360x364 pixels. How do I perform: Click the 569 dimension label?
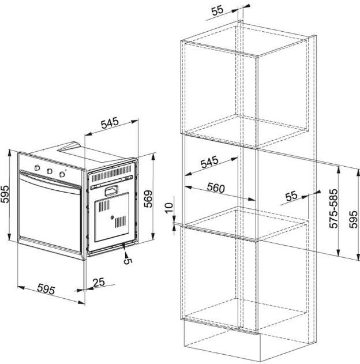coord(148,198)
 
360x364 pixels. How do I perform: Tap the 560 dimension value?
coord(216,187)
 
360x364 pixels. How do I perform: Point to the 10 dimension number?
coord(169,208)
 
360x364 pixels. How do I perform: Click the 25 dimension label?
coord(99,282)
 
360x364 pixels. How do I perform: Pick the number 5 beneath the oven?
coord(127,261)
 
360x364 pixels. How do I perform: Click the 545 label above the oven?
coord(110,123)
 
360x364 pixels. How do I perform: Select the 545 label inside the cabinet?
coord(209,162)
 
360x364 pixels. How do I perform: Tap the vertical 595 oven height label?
coord(5,194)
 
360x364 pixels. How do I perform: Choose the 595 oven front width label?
coord(46,288)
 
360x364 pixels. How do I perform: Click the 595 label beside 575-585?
coord(353,219)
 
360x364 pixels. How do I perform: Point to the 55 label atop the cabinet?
coord(217,10)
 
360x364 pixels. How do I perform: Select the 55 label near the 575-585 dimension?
coord(291,196)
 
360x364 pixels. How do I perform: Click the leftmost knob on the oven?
coord(37,168)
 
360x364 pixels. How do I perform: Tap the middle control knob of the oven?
coord(49,171)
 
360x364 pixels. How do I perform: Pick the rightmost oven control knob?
coord(62,174)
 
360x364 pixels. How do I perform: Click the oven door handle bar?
coord(50,183)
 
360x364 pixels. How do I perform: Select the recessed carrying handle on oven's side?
coord(111,190)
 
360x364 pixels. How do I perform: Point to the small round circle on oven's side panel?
coord(112,217)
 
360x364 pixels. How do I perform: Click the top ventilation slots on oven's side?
coord(111,174)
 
